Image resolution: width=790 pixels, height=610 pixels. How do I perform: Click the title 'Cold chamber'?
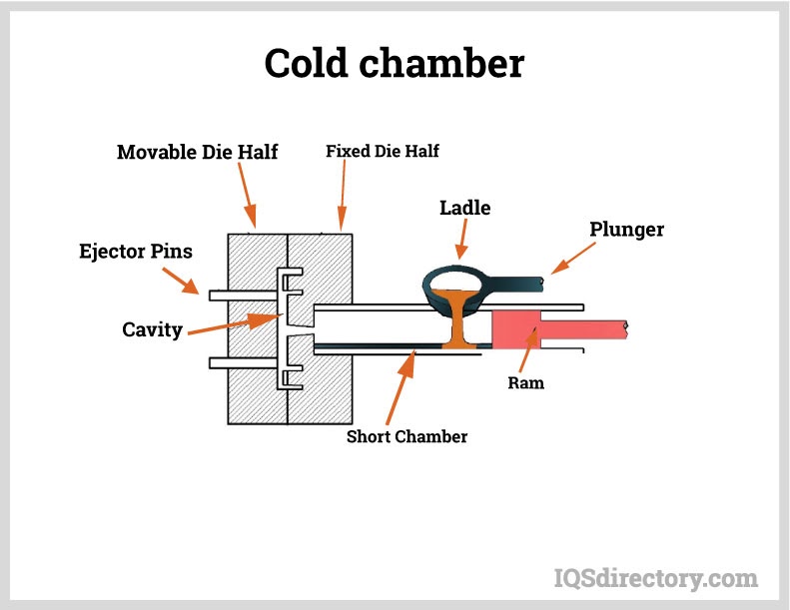click(394, 64)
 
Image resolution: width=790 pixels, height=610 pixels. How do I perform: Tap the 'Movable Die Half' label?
click(197, 152)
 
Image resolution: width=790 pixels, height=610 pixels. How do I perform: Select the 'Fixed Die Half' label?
click(383, 152)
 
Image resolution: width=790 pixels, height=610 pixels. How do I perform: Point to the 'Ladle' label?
click(465, 208)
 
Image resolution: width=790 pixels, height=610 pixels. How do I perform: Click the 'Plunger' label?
click(626, 230)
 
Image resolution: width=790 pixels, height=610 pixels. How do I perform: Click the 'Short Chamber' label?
click(406, 436)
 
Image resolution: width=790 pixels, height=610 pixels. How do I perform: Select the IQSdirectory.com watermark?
click(655, 577)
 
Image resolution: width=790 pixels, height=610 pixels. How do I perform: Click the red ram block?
click(515, 329)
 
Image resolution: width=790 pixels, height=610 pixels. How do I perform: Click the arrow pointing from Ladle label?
click(462, 240)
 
